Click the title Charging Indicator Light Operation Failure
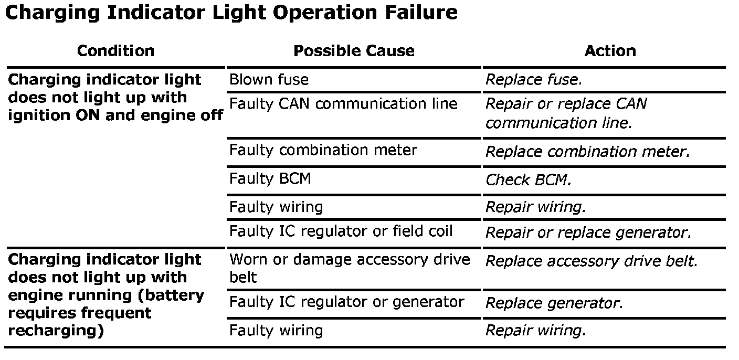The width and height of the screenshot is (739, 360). [231, 13]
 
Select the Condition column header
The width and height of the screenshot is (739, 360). [115, 51]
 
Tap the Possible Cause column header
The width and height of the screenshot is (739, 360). [353, 51]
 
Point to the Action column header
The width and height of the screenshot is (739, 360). [610, 51]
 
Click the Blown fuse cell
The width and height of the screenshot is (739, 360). [269, 80]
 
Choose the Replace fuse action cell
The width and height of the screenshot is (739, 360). [533, 80]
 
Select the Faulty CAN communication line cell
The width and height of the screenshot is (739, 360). [343, 104]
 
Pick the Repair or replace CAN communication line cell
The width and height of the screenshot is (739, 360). [566, 113]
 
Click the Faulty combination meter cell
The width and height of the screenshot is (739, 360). [323, 150]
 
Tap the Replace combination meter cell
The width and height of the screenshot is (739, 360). [587, 152]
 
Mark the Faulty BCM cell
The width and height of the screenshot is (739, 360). [270, 179]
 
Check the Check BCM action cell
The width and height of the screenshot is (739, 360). [528, 180]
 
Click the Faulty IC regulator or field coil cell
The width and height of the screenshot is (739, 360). [341, 231]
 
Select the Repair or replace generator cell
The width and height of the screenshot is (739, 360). [588, 232]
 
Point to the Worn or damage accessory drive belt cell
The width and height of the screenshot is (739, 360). [350, 268]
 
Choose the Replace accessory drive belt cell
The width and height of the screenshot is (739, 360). [592, 261]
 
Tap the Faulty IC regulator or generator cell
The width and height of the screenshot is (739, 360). [346, 302]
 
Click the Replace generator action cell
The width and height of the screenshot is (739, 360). [554, 303]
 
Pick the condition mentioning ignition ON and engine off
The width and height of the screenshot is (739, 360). [115, 98]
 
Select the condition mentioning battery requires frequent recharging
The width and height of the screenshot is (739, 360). [106, 295]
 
